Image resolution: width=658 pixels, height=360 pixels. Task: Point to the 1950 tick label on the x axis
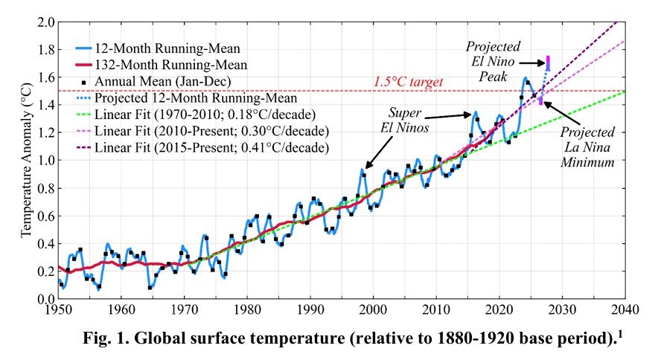click(x=59, y=308)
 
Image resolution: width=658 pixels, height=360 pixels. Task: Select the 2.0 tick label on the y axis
click(x=45, y=22)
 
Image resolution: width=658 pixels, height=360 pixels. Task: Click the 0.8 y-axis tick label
click(x=45, y=187)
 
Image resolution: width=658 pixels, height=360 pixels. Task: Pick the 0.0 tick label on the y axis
click(x=45, y=298)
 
